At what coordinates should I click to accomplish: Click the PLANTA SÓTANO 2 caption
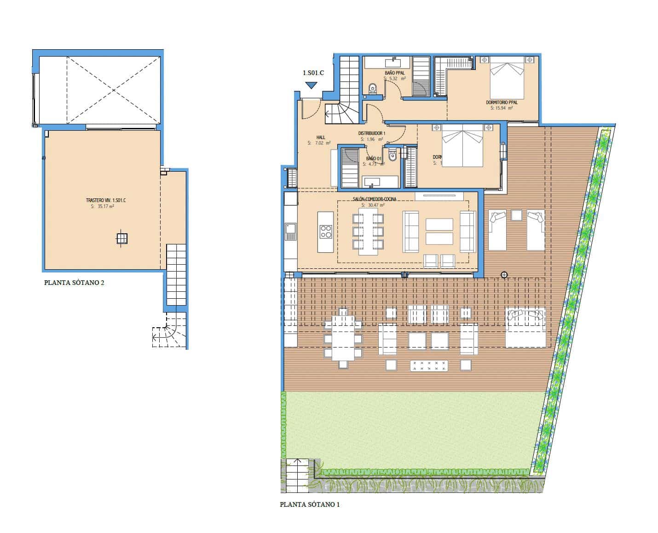[x=74, y=283]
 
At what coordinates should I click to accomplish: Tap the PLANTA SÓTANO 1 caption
[x=310, y=504]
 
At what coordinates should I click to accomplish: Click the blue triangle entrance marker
[x=312, y=85]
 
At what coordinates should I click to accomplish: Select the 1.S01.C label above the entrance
[x=313, y=73]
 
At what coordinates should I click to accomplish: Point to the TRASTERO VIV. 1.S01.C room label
[x=106, y=200]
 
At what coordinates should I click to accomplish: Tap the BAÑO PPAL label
[x=395, y=73]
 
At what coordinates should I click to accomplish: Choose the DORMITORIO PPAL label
[x=502, y=102]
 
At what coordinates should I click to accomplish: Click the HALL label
[x=321, y=137]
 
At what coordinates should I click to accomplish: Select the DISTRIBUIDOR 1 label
[x=372, y=133]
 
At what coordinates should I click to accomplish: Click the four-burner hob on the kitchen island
[x=326, y=231]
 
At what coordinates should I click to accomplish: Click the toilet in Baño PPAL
[x=373, y=88]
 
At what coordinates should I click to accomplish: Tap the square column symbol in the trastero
[x=121, y=238]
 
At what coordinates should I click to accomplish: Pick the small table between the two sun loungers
[x=516, y=215]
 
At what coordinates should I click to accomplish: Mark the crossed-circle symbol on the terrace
[x=504, y=275]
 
